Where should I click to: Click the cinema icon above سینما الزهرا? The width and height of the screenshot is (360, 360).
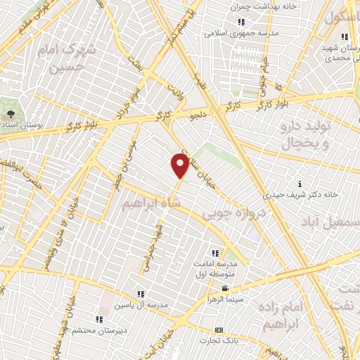click(x=224, y=289)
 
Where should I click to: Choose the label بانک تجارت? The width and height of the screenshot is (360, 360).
click(x=219, y=340)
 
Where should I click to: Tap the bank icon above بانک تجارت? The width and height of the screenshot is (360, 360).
click(x=219, y=330)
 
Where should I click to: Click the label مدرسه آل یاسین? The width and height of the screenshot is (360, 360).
click(x=141, y=304)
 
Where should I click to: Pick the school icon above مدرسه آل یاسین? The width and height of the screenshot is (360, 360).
click(x=141, y=294)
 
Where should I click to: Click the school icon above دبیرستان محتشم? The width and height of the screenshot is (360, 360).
click(x=98, y=319)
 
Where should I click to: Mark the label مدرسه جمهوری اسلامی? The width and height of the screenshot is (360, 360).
click(x=241, y=32)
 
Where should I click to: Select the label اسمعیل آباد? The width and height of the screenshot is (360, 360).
click(x=330, y=221)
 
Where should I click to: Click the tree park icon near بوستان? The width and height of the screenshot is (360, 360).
click(x=10, y=112)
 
